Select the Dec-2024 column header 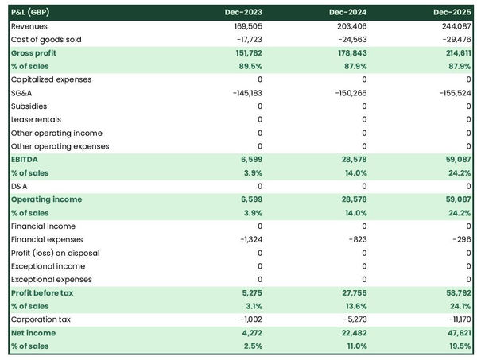click(x=347, y=13)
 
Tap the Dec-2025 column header click(x=452, y=13)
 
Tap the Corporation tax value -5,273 click(x=351, y=319)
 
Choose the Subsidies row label click(x=29, y=106)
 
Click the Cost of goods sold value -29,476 click(x=453, y=39)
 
